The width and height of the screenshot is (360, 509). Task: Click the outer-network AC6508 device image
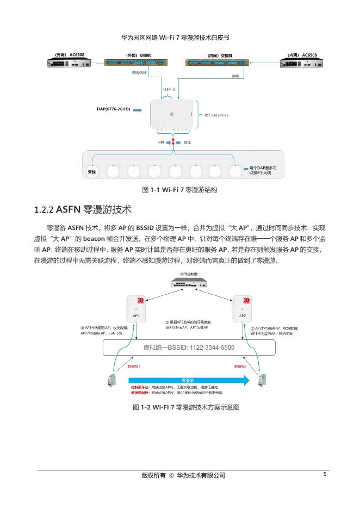pyautogui.click(x=70, y=63)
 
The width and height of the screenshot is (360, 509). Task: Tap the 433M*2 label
pyautogui.click(x=169, y=88)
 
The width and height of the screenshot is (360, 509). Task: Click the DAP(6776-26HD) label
pyautogui.click(x=113, y=109)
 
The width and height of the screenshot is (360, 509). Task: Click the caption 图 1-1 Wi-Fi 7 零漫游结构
pyautogui.click(x=179, y=190)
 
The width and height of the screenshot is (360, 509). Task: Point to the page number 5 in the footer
pyautogui.click(x=325, y=474)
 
